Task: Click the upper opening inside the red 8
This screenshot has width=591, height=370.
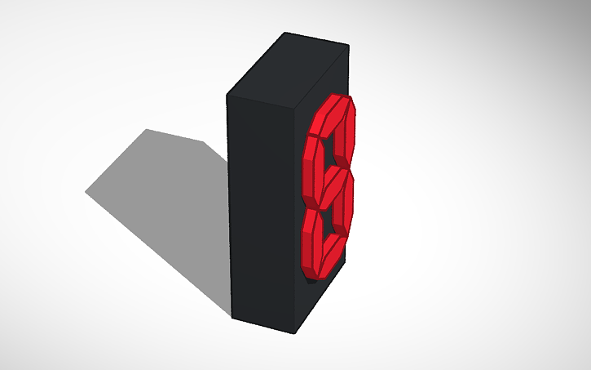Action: [334, 145]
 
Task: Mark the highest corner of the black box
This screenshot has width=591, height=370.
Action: [286, 33]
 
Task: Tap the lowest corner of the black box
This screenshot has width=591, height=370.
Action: [295, 332]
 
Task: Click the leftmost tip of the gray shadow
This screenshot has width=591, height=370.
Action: [86, 192]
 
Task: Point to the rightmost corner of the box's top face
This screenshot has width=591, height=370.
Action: [350, 47]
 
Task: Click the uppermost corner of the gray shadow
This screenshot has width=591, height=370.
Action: [147, 129]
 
